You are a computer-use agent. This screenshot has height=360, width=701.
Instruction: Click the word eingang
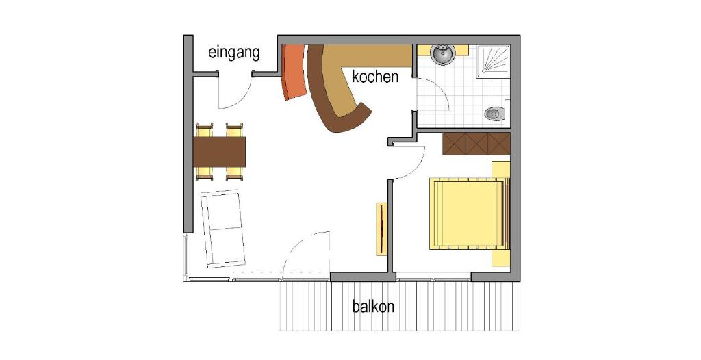coord(234,53)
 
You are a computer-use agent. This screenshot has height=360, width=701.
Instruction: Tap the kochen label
coord(374,77)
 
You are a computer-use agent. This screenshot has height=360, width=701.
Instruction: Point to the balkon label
coord(373,307)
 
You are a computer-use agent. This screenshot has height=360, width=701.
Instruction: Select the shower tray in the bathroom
coord(493,62)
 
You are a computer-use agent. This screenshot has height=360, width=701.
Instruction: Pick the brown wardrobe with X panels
coord(476,144)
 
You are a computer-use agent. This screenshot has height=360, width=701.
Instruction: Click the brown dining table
coord(220,152)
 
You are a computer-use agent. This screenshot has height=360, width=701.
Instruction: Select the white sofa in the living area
coord(223,229)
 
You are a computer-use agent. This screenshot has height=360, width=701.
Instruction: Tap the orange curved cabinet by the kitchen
coord(294,72)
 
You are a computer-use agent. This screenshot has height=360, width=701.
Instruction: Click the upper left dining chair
coord(204,129)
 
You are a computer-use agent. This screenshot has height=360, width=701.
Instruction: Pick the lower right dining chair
coord(234,174)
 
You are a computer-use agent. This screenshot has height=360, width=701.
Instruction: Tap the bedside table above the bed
coord(500,169)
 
